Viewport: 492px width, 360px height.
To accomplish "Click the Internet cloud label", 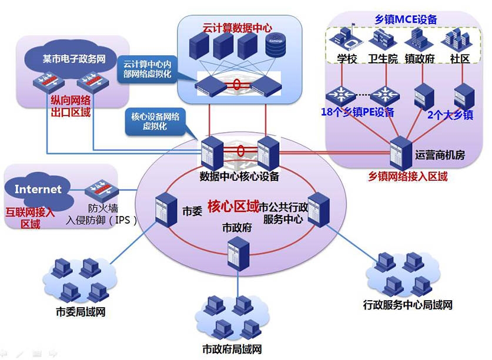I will point(38,189).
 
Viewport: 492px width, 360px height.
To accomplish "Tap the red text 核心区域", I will point(233,207).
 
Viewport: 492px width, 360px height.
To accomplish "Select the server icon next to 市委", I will point(162,209).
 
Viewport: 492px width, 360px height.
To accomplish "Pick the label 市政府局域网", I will point(232,349).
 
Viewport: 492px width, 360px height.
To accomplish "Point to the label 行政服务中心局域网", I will point(408,305).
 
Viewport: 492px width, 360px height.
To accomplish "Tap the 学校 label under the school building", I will point(347,59).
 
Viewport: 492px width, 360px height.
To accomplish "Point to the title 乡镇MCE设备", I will point(406,19).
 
